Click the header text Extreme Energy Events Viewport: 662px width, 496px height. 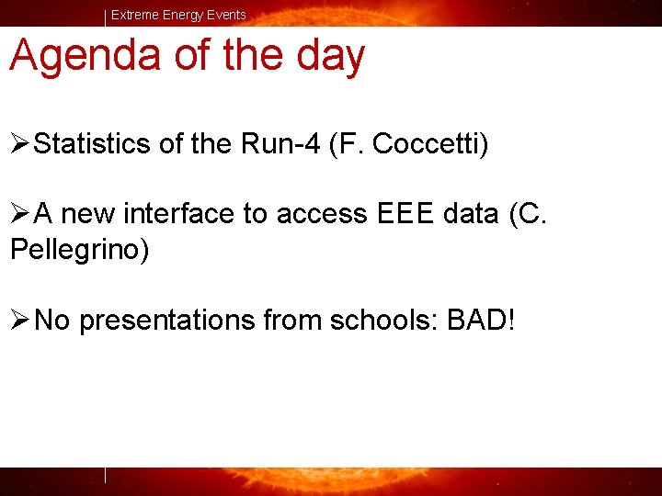click(x=178, y=15)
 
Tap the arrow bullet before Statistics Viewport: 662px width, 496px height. click(x=21, y=144)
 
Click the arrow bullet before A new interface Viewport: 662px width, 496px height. click(x=21, y=215)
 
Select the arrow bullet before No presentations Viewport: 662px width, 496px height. click(x=21, y=321)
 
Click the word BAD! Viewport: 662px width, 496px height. click(x=482, y=321)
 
